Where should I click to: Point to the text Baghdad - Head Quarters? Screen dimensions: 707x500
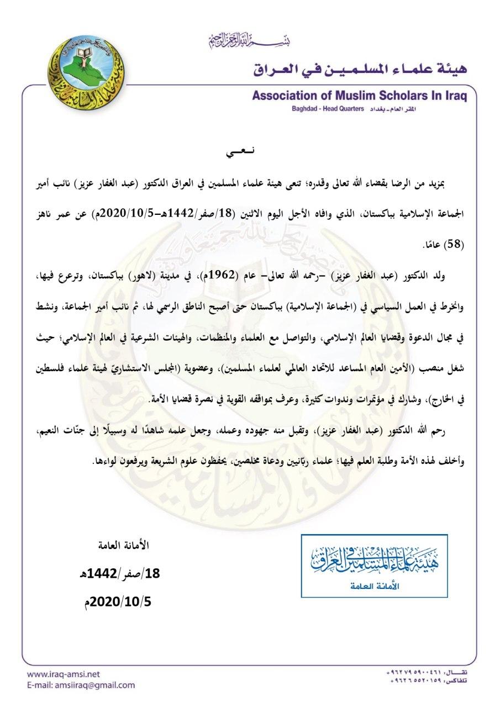pyautogui.click(x=328, y=109)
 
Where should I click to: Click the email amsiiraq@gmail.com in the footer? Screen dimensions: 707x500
pyautogui.click(x=81, y=685)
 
